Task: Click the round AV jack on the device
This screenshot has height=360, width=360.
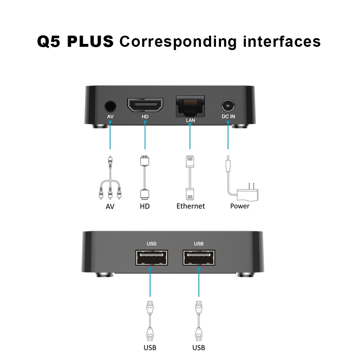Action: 110,107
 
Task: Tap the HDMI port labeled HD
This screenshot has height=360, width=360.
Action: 145,105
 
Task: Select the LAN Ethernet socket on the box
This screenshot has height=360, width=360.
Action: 190,106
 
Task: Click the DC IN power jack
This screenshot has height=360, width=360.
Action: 228,106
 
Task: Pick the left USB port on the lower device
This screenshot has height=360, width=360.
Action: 152,258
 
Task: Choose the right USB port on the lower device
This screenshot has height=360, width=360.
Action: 199,258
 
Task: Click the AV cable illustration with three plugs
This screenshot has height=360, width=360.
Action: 110,177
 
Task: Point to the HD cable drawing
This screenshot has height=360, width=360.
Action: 145,177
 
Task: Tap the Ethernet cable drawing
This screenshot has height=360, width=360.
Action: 190,177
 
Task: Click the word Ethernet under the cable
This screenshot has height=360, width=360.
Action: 190,206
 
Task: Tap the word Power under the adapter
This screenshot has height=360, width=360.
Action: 240,206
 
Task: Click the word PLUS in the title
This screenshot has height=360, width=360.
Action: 90,41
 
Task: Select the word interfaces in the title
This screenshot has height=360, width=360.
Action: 282,41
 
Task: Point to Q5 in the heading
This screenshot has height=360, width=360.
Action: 49,41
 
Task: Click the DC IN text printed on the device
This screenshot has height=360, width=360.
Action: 228,117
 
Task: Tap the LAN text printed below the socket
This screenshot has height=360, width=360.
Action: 190,120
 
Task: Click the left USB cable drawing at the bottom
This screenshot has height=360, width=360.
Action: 150,321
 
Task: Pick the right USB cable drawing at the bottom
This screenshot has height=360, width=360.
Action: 199,321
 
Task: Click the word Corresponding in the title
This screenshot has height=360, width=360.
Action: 178,42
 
